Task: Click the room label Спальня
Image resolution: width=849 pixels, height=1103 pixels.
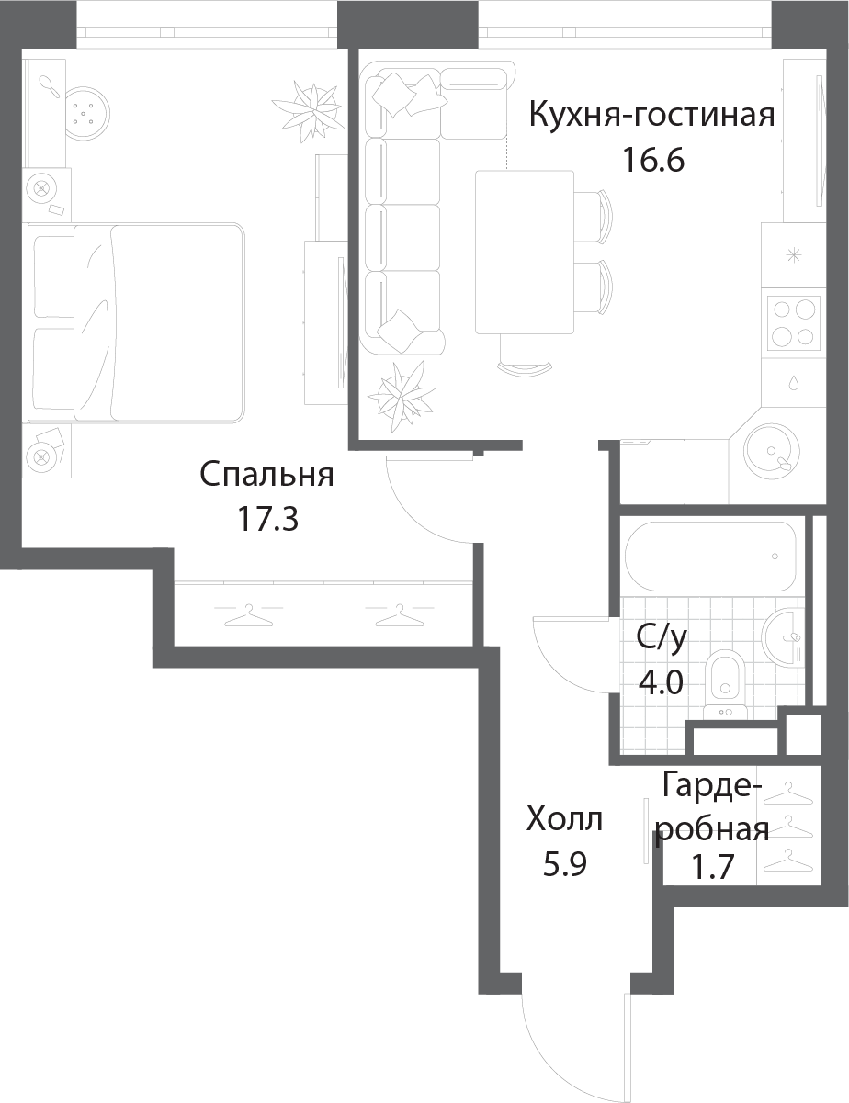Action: click(x=266, y=476)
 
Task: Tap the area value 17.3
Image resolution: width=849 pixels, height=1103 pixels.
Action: click(x=267, y=519)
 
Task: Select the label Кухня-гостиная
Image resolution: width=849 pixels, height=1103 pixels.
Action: click(x=652, y=115)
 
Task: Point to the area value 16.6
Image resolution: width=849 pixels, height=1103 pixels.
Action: click(x=653, y=160)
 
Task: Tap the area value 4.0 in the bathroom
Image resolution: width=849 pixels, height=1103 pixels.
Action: click(x=660, y=682)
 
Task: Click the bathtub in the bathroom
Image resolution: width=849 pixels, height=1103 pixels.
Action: click(x=710, y=557)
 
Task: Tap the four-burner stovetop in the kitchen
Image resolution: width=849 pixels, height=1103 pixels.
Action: click(x=794, y=323)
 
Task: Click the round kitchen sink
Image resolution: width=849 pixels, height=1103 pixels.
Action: click(x=771, y=451)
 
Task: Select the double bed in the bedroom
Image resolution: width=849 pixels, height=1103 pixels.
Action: click(x=136, y=323)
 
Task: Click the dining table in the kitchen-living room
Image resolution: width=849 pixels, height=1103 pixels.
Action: click(x=525, y=253)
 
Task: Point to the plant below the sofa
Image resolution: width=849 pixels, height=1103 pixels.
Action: click(x=402, y=397)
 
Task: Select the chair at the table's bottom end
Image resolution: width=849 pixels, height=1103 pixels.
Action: click(x=525, y=355)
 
